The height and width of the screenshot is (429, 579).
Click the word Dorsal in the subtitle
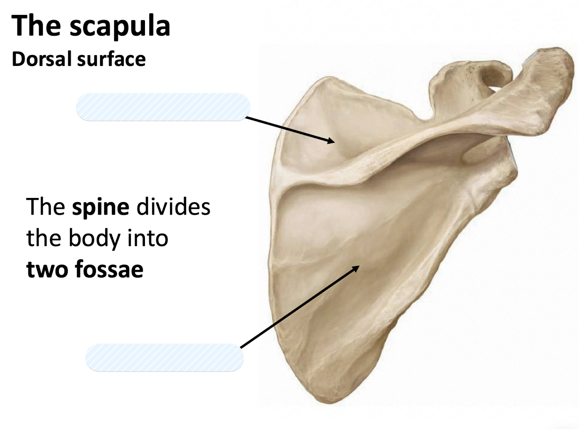(42, 59)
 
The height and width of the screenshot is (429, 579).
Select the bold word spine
(100, 207)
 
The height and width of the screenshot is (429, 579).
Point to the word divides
(173, 207)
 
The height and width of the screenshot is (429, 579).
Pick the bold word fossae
(109, 269)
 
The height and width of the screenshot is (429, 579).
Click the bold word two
(47, 269)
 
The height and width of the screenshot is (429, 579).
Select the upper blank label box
(163, 107)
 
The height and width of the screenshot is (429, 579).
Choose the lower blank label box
(164, 357)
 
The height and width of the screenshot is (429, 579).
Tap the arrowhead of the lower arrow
(356, 268)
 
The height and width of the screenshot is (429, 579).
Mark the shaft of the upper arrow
(287, 129)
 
